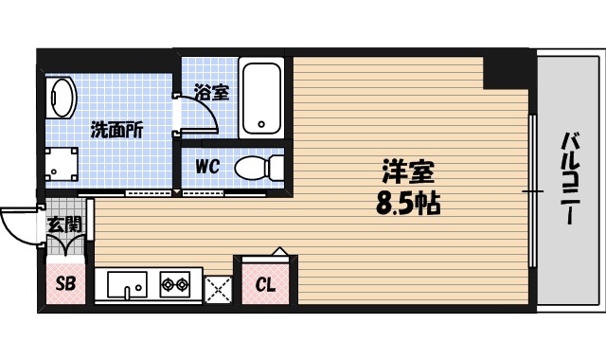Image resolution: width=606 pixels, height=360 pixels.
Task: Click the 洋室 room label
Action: tap(407, 173)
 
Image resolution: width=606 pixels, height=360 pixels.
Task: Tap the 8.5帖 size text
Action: tap(408, 204)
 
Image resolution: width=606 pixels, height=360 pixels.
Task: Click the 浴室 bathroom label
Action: tap(210, 93)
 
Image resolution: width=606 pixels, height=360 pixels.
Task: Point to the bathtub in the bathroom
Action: tap(260, 98)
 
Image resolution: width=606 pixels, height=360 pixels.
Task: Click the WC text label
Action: tap(207, 167)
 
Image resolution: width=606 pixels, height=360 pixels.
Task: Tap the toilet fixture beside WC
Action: tap(258, 168)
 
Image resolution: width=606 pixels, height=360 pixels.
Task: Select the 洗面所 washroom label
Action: tap(116, 131)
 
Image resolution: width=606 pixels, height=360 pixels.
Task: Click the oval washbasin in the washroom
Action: tap(62, 99)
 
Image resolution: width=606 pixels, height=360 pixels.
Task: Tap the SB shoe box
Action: tap(65, 283)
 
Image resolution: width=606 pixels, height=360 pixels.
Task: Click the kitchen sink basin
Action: tap(126, 284)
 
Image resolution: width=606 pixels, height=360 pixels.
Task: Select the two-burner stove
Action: tap(174, 282)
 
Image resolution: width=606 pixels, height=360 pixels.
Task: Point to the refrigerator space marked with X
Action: tap(218, 288)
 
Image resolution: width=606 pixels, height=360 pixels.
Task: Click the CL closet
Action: tap(266, 282)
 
